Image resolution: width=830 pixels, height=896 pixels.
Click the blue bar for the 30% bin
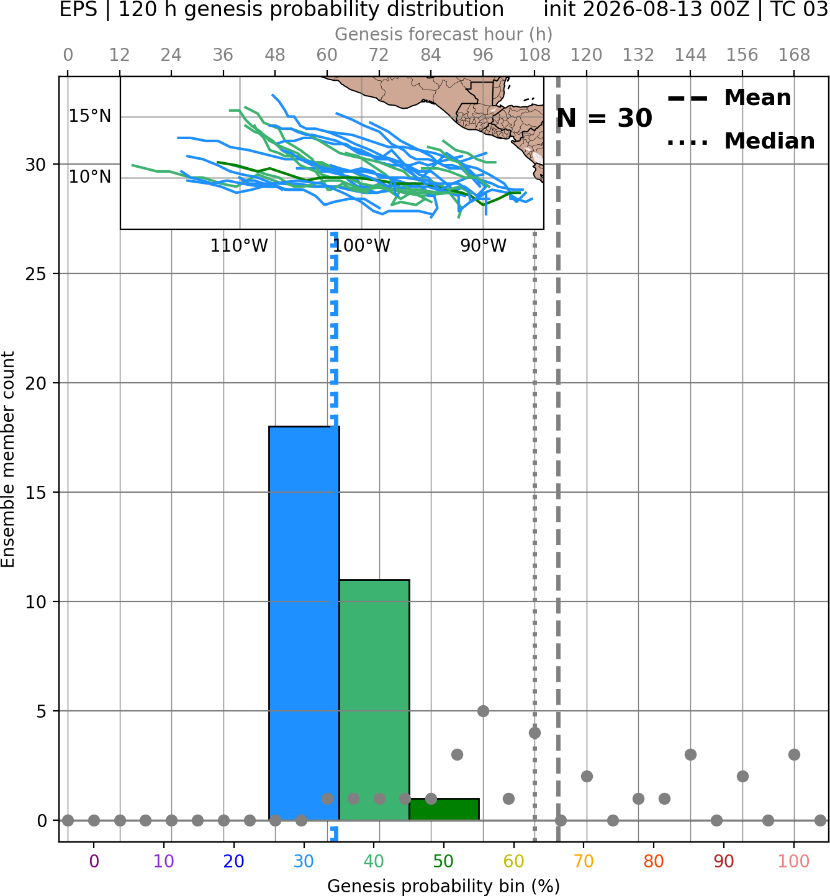304,623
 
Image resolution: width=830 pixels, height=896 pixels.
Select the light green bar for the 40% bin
374,700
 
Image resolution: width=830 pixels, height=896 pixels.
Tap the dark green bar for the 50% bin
444,810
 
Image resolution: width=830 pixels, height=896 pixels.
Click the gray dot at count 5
483,711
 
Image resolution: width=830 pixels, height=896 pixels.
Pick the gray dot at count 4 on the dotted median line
535,733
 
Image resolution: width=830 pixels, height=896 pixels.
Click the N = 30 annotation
604,118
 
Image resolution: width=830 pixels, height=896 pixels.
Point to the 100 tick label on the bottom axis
793,861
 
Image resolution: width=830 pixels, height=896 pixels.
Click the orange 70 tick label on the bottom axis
584,861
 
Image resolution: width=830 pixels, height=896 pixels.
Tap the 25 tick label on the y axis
36,274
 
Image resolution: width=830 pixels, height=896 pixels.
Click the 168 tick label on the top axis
794,55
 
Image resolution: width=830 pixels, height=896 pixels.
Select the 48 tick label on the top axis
275,55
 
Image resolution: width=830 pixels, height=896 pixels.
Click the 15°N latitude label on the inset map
90,116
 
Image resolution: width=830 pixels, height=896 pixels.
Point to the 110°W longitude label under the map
239,246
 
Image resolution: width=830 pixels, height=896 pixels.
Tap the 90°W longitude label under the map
484,246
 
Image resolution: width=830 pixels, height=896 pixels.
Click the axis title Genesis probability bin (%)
444,886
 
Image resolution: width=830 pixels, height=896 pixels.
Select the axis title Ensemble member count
7,459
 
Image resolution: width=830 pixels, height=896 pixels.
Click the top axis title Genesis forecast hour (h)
444,34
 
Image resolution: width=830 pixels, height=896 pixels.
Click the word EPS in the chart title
78,9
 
